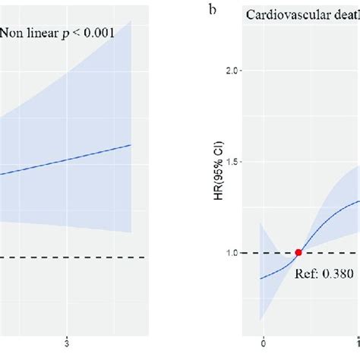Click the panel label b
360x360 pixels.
[x=198, y=12]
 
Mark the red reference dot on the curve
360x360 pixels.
[x=298, y=253]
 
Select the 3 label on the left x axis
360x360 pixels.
[x=68, y=339]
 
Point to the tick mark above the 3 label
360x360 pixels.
[x=68, y=330]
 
